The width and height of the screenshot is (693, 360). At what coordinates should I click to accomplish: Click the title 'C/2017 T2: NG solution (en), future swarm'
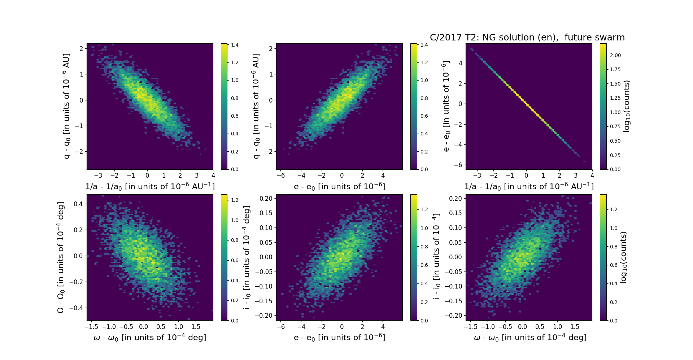tap(527, 38)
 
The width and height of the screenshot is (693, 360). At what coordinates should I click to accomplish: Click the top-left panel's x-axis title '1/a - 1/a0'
tap(150, 186)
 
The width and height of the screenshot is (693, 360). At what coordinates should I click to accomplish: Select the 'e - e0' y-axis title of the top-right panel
tap(446, 106)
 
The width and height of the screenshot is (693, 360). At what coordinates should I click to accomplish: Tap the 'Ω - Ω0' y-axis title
tap(61, 257)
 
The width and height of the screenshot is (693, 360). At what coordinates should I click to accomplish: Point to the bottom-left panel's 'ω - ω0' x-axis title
tap(150, 338)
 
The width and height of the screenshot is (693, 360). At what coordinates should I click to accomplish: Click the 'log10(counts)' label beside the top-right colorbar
tap(627, 106)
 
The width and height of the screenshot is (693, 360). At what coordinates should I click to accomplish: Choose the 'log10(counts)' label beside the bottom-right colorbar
tap(623, 257)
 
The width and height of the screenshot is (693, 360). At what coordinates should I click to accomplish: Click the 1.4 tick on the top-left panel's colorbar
tap(235, 45)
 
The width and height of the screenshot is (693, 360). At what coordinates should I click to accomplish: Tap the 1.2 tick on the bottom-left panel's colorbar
tap(235, 200)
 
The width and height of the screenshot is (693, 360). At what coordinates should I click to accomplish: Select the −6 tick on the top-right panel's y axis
tap(458, 165)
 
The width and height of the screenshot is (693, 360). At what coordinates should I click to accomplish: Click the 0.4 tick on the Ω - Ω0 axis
tap(78, 204)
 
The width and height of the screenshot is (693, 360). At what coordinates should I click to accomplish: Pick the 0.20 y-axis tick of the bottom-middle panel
tap(266, 198)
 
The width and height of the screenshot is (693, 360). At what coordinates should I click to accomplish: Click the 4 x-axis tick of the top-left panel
tap(213, 176)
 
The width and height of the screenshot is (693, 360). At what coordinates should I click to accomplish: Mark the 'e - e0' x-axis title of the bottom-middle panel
tap(339, 338)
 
